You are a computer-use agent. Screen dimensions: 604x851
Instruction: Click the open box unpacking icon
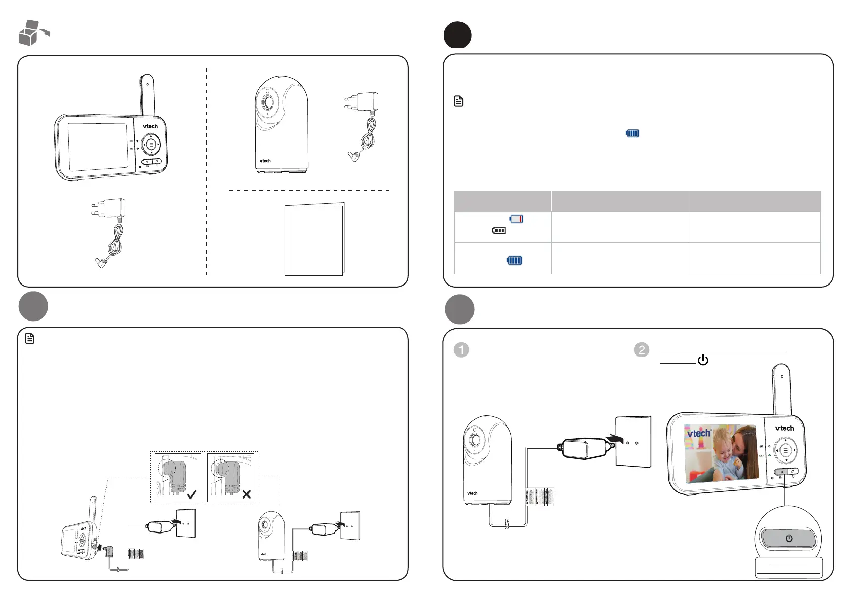33,33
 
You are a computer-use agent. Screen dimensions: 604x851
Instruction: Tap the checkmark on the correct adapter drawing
192,494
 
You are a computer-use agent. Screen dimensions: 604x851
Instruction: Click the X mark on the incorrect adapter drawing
246,494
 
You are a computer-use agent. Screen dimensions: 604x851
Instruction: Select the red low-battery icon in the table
516,219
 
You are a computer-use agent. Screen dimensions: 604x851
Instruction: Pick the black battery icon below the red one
499,230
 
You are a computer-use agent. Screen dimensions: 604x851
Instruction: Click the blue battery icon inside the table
514,260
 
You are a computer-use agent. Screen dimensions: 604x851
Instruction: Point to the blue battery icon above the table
632,133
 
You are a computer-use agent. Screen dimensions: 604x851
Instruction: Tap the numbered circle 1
461,350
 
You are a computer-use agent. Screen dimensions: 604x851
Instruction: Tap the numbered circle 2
642,350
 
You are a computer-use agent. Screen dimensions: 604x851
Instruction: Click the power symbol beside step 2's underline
703,360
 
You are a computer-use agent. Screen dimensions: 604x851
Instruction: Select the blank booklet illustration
314,240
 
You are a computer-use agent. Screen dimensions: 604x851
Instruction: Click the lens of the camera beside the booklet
267,102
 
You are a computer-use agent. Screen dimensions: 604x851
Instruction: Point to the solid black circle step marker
457,35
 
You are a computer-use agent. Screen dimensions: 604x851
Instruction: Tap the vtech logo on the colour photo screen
699,434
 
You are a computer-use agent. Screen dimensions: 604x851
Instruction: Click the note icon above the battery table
458,101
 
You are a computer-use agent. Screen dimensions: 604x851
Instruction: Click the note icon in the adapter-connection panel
30,338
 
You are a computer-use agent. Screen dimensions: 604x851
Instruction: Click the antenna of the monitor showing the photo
781,388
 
